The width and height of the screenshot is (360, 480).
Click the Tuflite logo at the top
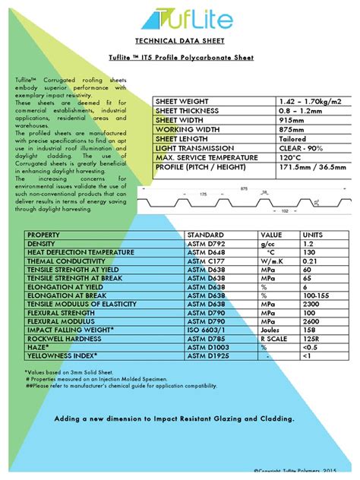(x=180, y=16)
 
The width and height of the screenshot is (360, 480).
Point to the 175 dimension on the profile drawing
(x=203, y=194)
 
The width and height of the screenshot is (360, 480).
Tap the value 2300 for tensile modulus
(x=312, y=303)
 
